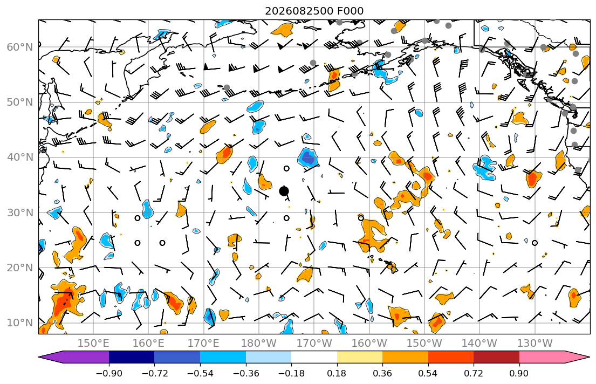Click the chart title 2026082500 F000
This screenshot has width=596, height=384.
pyautogui.click(x=314, y=11)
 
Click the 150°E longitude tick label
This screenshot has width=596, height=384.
pyautogui.click(x=93, y=344)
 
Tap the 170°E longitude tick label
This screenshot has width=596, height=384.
pyautogui.click(x=204, y=344)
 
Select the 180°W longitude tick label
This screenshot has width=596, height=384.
pyautogui.click(x=259, y=344)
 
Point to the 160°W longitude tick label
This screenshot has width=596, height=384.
pyautogui.click(x=369, y=344)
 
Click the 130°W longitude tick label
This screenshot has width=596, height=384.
pyautogui.click(x=535, y=344)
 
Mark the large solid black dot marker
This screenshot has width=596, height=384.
pyautogui.click(x=284, y=191)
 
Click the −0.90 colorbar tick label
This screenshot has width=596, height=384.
pyautogui.click(x=109, y=374)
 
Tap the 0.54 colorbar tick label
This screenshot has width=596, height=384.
pyautogui.click(x=428, y=374)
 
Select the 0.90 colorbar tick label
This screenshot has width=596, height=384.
pyautogui.click(x=519, y=374)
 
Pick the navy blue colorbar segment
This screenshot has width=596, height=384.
pyautogui.click(x=132, y=357)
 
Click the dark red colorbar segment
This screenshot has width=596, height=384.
pyautogui.click(x=496, y=357)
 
